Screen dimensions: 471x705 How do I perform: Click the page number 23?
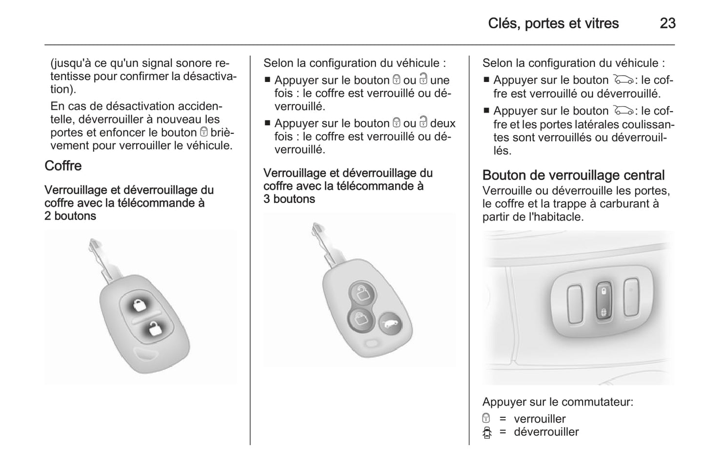[x=667, y=23]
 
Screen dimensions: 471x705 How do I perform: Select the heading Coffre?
[x=63, y=166]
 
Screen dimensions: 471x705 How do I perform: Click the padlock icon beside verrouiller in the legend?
[x=486, y=418]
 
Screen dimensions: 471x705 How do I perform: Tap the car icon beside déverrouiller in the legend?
[x=486, y=432]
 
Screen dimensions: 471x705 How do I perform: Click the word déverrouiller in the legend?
[x=546, y=432]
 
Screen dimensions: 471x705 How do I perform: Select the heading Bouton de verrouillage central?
[x=573, y=175]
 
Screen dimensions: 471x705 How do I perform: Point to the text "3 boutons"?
[x=289, y=199]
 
